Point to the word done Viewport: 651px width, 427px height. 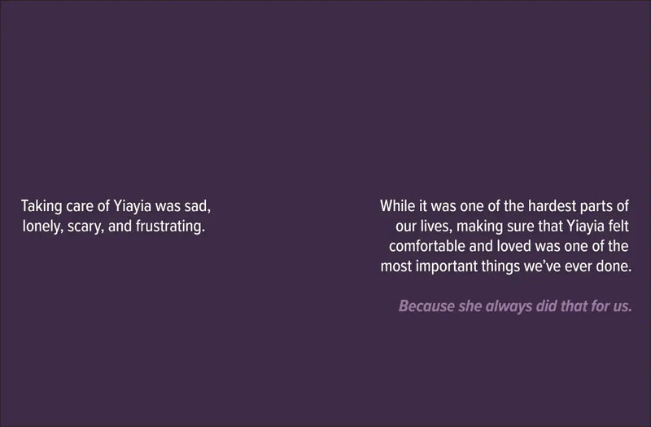coord(614,266)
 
